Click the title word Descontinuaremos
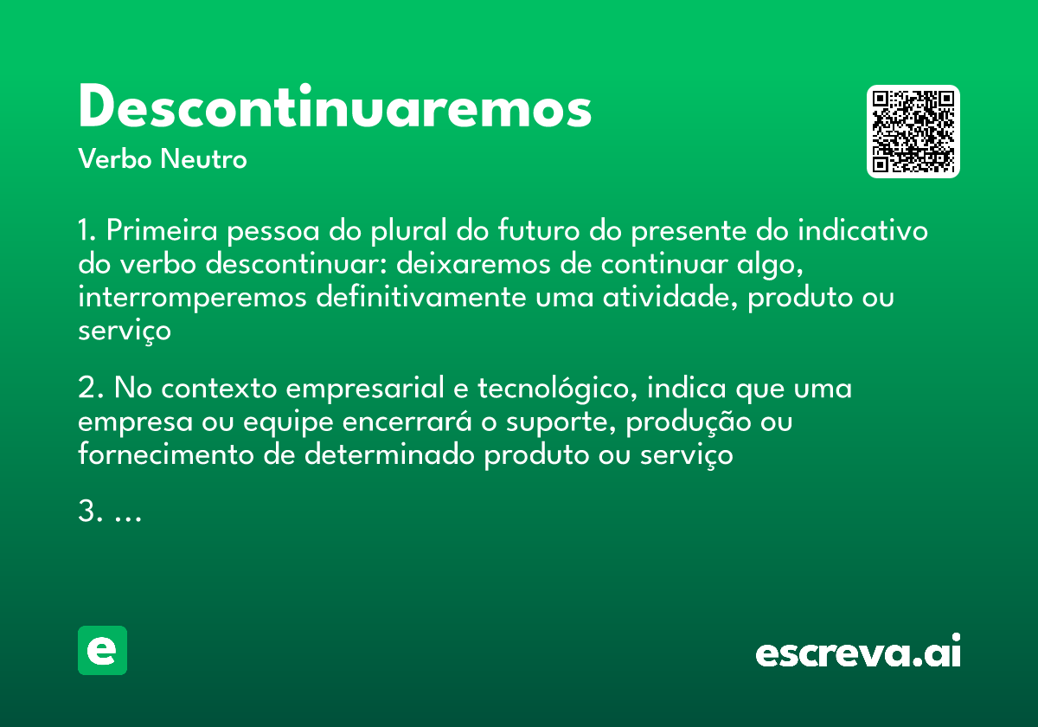coord(335,108)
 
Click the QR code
coord(913,132)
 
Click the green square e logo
coord(102,650)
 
